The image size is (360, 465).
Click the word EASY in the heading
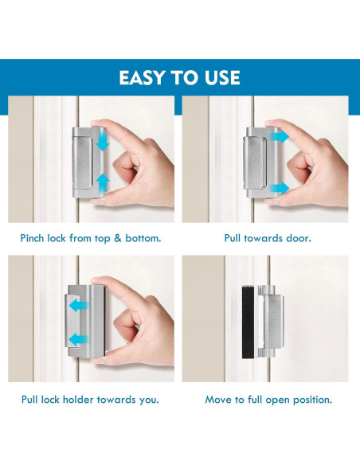click(x=144, y=77)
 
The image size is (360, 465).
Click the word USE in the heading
click(x=220, y=77)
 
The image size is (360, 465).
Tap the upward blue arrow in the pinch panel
click(x=102, y=183)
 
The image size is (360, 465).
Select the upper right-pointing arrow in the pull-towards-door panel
click(x=281, y=138)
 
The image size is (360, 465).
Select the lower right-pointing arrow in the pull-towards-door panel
click(x=281, y=188)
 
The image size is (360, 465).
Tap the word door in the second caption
click(x=295, y=238)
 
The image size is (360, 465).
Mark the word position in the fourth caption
click(x=311, y=399)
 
